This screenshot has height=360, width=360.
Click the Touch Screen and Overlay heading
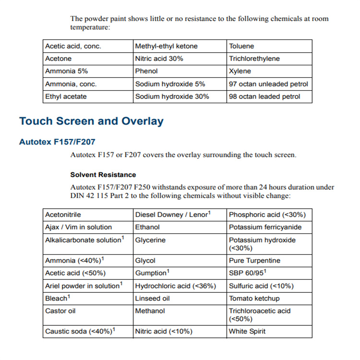(91, 121)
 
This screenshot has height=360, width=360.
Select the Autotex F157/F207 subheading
(57, 142)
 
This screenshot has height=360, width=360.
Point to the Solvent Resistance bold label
(103, 175)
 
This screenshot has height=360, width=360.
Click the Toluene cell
(241, 47)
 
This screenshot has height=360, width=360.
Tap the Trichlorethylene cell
(254, 59)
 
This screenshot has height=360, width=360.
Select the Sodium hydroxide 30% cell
(172, 96)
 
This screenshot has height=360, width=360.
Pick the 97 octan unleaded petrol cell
(268, 84)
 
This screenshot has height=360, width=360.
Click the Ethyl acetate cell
(66, 96)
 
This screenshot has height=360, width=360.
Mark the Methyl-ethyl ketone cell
(166, 47)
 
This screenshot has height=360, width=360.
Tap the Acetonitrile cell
(63, 215)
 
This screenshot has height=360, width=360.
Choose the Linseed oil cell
(152, 299)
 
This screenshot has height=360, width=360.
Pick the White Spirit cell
(247, 332)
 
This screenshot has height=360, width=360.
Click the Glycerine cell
(150, 240)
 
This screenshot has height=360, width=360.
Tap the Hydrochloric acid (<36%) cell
(175, 286)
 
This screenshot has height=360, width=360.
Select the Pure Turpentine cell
(254, 261)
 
